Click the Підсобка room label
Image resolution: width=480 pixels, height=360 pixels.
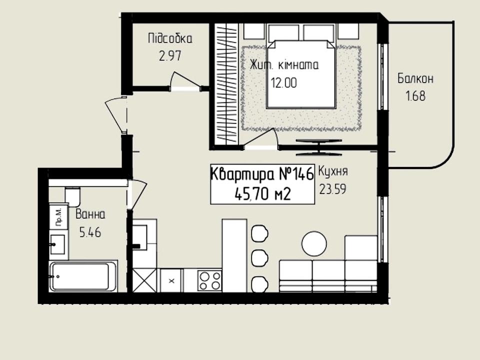170,39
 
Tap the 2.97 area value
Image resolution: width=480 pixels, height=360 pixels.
170,56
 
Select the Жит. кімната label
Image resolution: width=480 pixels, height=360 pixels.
284,65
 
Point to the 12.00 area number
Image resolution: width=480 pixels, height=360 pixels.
284,82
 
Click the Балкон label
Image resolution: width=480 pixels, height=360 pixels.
415,78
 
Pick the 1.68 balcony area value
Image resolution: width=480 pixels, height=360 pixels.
415,96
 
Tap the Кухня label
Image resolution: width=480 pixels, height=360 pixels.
333,171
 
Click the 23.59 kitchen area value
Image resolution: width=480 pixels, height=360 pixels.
333,189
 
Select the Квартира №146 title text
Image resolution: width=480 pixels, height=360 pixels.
262,174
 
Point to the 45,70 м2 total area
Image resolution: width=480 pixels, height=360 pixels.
262,194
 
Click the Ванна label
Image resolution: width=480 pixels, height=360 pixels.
90,214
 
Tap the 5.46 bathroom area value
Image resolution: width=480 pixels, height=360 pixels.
90,232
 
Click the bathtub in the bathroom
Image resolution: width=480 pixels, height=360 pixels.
83,276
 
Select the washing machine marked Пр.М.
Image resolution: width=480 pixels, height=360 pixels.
58,217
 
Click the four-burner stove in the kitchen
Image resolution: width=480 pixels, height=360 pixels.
209,280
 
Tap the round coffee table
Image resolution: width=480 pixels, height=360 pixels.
314,244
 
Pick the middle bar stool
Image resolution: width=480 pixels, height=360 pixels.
259,257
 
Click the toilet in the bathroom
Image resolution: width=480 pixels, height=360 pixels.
72,196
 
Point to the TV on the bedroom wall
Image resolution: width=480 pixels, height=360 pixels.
318,147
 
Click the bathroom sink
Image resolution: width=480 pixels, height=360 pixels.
57,244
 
